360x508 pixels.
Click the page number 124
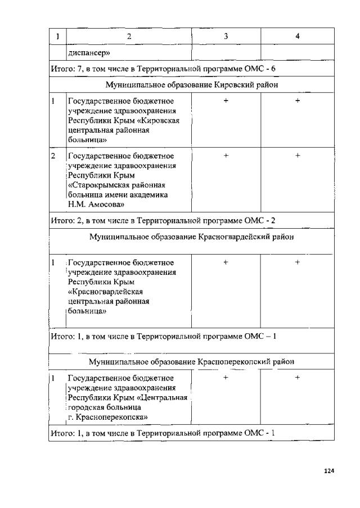point(330,470)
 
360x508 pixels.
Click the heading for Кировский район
point(191,85)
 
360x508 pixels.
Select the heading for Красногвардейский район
point(191,237)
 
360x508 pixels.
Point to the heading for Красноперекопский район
point(191,361)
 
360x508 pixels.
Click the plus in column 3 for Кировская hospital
point(226,101)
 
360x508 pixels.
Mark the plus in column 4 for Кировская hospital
point(298,101)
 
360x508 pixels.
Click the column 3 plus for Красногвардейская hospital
point(226,262)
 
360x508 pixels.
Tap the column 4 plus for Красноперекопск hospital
point(298,378)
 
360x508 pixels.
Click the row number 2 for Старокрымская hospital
point(53,156)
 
